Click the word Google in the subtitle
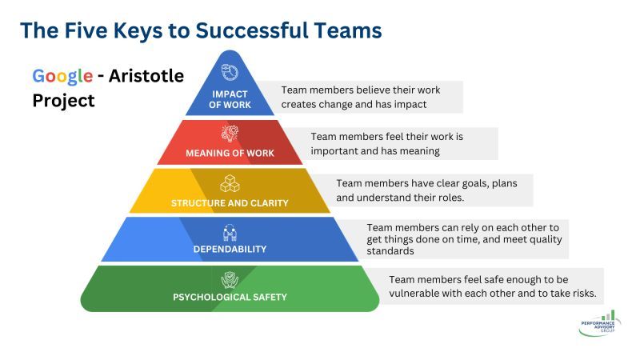[x=62, y=76]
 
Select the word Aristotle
[x=146, y=76]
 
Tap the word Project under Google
[x=63, y=101]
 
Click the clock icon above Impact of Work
[x=230, y=72]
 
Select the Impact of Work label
[x=230, y=99]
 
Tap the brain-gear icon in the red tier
[x=230, y=134]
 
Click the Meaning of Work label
[x=230, y=153]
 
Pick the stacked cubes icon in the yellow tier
[x=230, y=183]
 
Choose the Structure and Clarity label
[x=230, y=203]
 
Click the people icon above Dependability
[x=230, y=233]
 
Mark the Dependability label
[x=230, y=249]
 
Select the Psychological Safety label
[x=230, y=297]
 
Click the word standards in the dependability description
[x=390, y=251]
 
